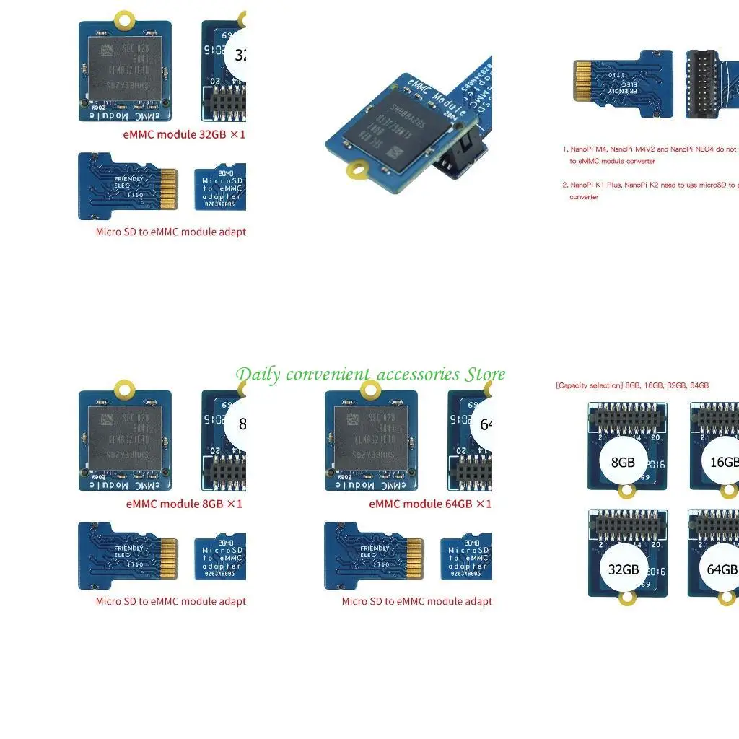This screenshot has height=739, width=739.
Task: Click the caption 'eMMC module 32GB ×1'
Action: click(x=183, y=134)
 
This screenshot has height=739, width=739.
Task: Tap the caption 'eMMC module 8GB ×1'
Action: click(x=184, y=504)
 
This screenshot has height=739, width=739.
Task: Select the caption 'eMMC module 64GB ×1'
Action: click(x=430, y=504)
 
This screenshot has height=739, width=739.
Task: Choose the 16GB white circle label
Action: click(x=723, y=462)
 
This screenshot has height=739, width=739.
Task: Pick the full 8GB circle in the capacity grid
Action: click(x=623, y=462)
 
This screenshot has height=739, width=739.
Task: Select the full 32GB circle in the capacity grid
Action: click(x=623, y=569)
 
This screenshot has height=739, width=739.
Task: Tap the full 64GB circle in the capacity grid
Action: click(x=722, y=569)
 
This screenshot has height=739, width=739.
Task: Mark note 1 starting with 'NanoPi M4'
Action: click(x=650, y=154)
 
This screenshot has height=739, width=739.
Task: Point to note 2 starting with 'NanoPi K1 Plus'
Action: click(x=650, y=191)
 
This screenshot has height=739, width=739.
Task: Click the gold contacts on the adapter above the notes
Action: click(x=582, y=80)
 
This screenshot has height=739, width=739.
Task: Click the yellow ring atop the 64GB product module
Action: click(x=371, y=390)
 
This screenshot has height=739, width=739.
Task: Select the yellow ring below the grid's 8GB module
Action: click(x=626, y=491)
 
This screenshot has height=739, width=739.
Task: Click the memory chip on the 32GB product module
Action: click(x=124, y=69)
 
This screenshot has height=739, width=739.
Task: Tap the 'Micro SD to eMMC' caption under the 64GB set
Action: click(x=416, y=601)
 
